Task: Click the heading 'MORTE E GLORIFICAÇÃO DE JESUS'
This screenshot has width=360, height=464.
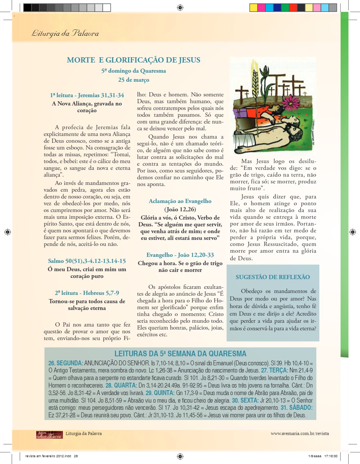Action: (x=133, y=60)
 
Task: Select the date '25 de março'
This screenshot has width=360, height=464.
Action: (x=133, y=80)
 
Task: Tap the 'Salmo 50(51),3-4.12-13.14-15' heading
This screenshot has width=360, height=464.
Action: (x=87, y=261)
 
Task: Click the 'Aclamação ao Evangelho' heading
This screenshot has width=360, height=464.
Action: (x=180, y=201)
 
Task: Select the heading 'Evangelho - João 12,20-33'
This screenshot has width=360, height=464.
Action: (x=180, y=255)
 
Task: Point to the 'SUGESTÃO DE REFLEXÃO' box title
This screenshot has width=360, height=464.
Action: (x=273, y=277)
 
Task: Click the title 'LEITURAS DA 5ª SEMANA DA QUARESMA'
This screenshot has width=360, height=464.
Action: (x=180, y=354)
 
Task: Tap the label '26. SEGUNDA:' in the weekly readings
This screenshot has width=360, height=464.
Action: (x=66, y=363)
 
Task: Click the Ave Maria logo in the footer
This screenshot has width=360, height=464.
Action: (x=49, y=434)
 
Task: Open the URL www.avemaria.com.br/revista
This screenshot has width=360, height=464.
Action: (x=300, y=433)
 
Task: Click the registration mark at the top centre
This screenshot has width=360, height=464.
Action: (x=180, y=7)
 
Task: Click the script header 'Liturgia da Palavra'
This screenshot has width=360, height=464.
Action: (x=65, y=34)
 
